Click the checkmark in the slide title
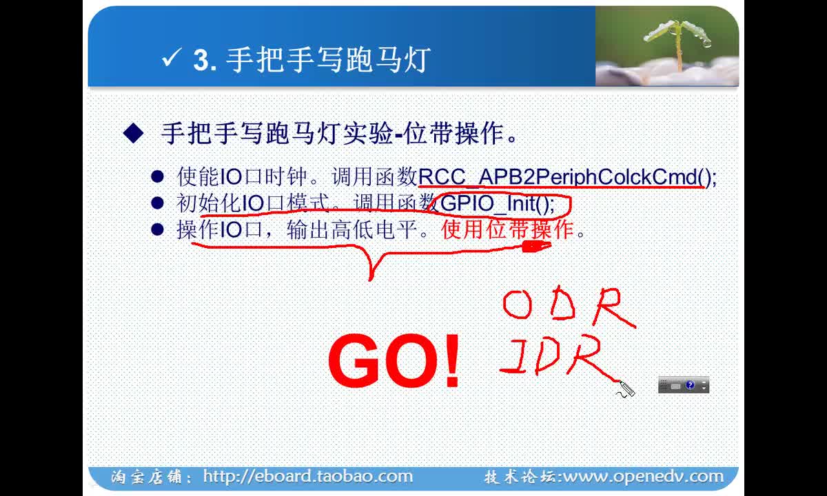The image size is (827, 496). [x=171, y=58]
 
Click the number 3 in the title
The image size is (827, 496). [x=201, y=59]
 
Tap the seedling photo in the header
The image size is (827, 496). [x=667, y=46]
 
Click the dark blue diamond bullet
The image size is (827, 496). [x=133, y=133]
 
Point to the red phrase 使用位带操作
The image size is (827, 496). [x=507, y=229]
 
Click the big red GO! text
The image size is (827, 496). [x=394, y=360]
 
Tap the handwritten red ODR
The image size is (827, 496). [x=569, y=307]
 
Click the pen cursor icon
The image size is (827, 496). [x=626, y=389]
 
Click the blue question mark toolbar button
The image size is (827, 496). [x=690, y=385]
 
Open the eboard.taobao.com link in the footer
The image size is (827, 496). [x=308, y=477]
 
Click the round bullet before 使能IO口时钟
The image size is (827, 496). [x=157, y=176]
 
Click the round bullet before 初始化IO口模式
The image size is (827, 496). [x=157, y=203]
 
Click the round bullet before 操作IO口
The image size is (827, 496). [x=157, y=229]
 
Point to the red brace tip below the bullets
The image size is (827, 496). [x=370, y=280]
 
